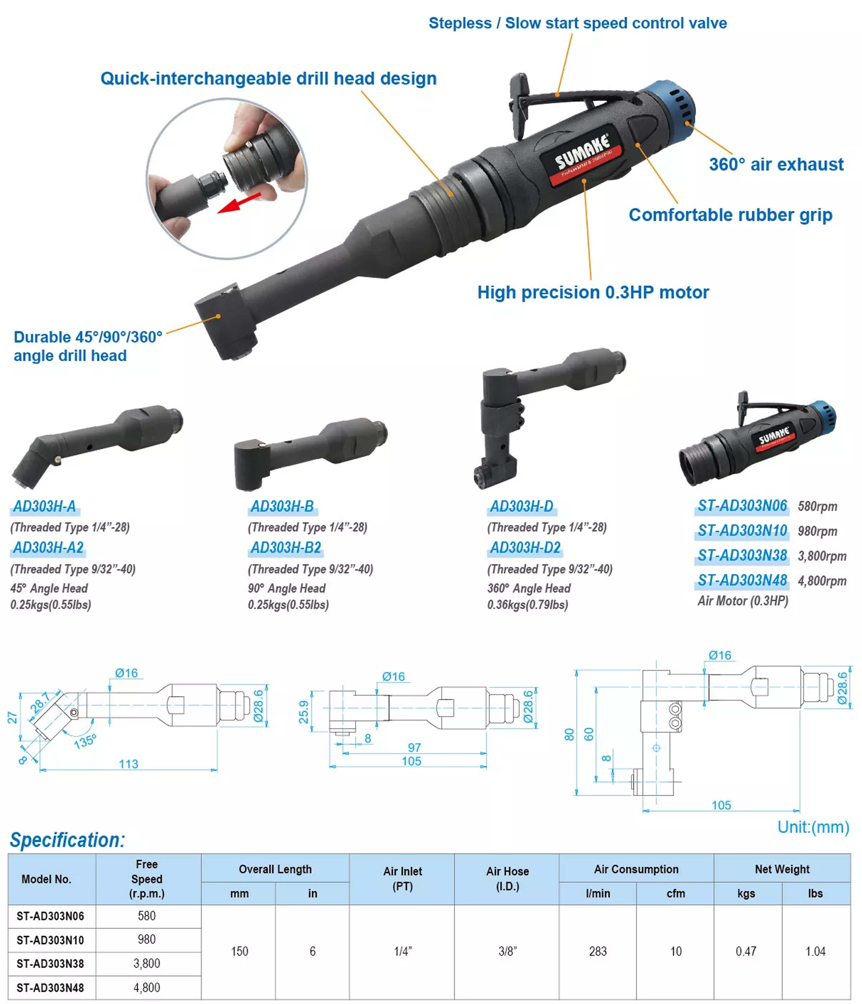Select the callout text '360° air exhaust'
coord(776,165)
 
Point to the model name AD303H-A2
coord(48,547)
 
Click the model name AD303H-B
coord(282,506)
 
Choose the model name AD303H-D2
coord(525,547)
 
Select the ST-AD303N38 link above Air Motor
coord(742,555)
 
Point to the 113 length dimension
coord(129,764)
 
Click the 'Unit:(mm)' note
coord(813,827)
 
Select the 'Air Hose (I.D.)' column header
coord(507,879)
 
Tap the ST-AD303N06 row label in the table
coord(50,916)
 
